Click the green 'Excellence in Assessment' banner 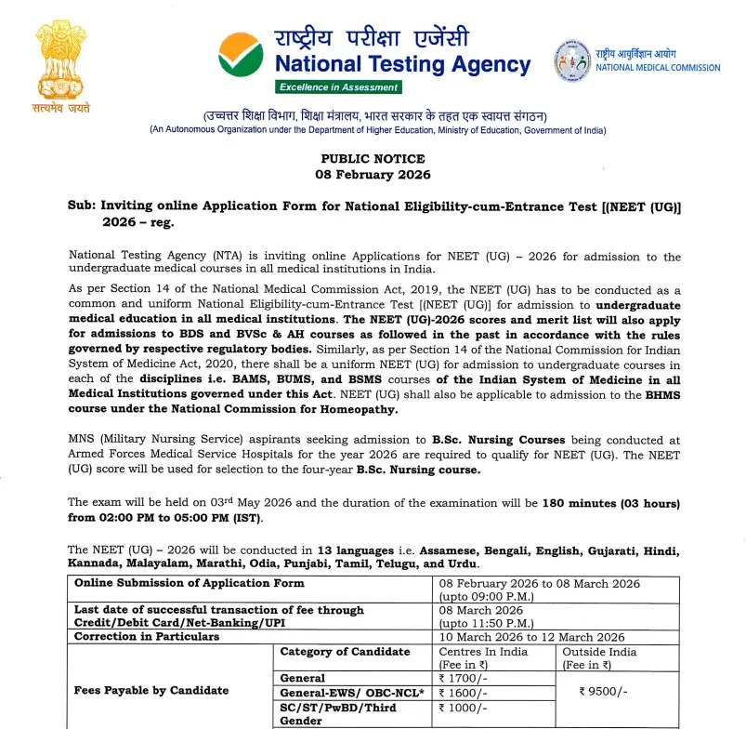click(338, 86)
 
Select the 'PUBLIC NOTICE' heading click(373, 159)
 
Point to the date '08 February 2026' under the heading click(373, 174)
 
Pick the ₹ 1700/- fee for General click(464, 678)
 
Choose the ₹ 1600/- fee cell click(464, 692)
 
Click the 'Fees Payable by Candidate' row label click(151, 690)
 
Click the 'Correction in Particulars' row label click(147, 637)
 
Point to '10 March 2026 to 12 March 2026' click(531, 637)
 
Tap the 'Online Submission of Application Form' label click(189, 583)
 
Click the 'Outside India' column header click(600, 652)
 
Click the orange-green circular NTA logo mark click(240, 58)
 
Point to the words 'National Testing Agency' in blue click(402, 65)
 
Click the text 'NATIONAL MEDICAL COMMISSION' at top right click(658, 67)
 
